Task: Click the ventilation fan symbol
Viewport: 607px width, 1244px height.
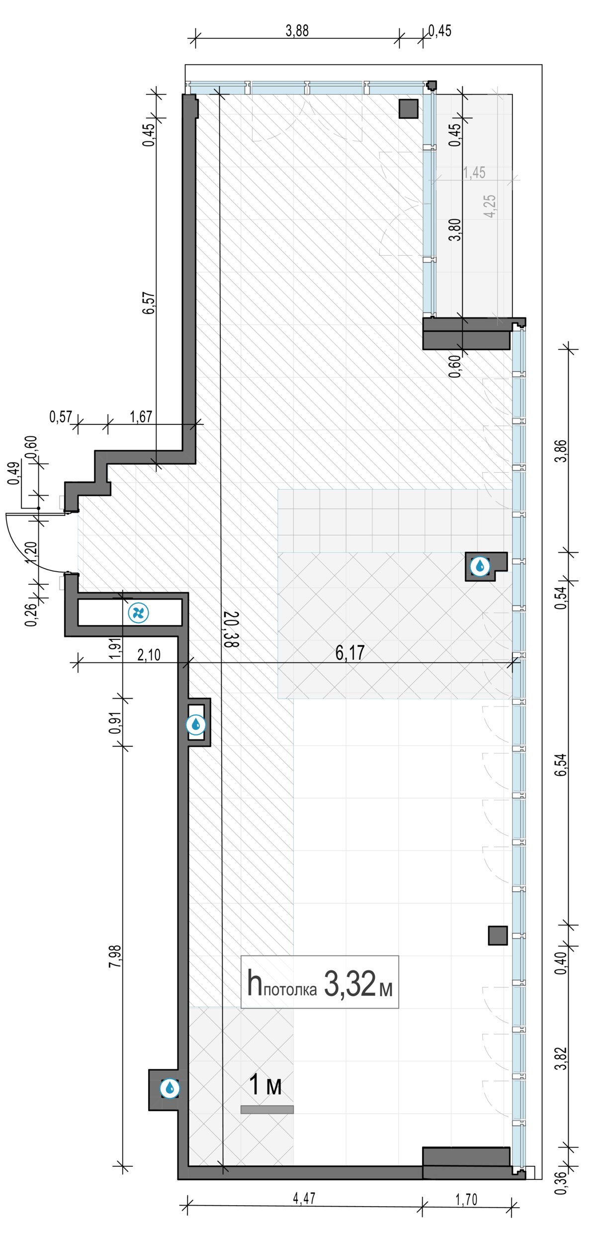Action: (x=138, y=613)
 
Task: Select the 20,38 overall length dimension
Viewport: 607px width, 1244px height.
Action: (x=231, y=629)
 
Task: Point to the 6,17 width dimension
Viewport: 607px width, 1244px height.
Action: (x=350, y=652)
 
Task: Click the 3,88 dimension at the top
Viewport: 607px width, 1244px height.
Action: (x=297, y=31)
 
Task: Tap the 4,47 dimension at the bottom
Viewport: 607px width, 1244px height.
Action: (x=304, y=1199)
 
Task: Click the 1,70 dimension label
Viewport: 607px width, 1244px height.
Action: (x=466, y=1200)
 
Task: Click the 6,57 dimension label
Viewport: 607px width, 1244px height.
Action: (x=149, y=303)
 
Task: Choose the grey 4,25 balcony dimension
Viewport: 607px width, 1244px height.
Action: (x=490, y=206)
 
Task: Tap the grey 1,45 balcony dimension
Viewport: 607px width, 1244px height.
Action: (x=474, y=173)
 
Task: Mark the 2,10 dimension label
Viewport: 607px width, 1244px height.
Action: (x=149, y=655)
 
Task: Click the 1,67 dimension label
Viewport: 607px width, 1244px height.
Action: (x=141, y=416)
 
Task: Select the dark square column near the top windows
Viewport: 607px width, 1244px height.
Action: (x=409, y=108)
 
